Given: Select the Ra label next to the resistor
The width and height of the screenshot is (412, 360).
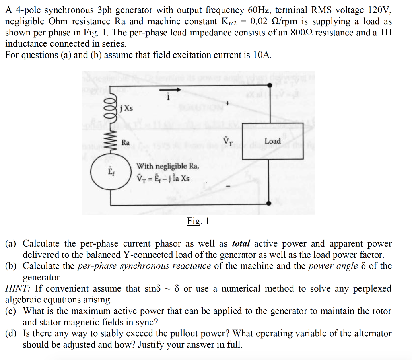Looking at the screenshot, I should pos(126,142).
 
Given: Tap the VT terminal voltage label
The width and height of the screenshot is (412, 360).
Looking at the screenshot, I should pos(227,141).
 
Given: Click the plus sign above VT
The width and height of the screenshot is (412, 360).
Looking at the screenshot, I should pos(227,104).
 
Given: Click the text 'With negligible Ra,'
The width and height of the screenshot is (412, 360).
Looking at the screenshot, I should pos(167,166).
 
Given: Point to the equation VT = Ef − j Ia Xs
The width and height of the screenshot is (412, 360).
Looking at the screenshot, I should pos(163,178).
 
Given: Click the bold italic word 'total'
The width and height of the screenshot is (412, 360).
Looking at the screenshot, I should pos(241,243).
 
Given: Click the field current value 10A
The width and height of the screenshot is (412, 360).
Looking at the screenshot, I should pos(262,55).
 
